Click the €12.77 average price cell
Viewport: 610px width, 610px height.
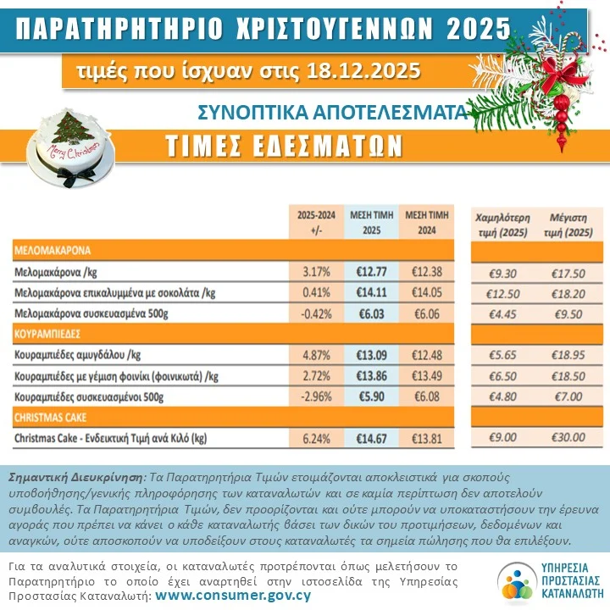pyautogui.click(x=369, y=272)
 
